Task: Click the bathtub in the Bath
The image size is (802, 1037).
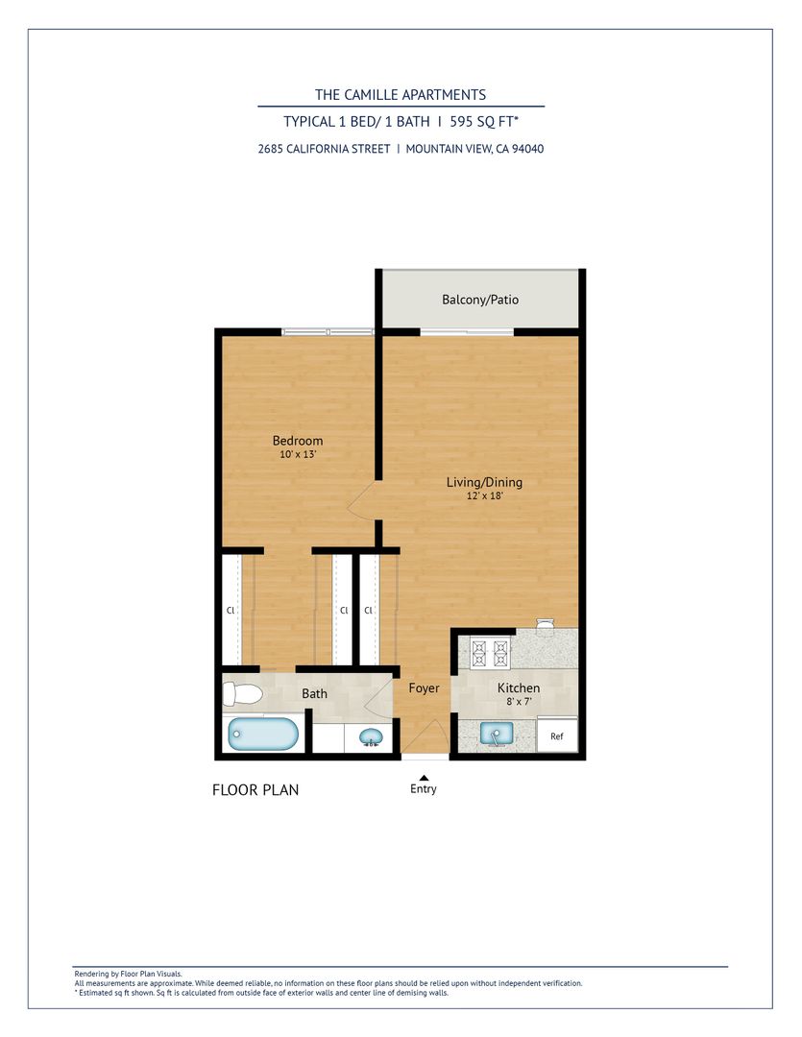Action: click(262, 735)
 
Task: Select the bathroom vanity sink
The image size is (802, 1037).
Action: click(371, 736)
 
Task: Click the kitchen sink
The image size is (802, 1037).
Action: click(497, 734)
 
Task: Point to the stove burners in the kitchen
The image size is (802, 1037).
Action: click(491, 654)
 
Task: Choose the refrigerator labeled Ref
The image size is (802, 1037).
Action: click(556, 736)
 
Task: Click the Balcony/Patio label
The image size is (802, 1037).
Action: click(480, 300)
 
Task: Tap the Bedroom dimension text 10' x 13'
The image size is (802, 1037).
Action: click(298, 454)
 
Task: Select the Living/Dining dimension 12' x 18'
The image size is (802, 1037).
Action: click(484, 495)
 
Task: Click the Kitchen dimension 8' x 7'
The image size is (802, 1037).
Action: click(519, 701)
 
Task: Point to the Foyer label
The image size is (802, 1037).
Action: click(425, 687)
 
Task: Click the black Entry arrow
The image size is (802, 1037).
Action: click(424, 778)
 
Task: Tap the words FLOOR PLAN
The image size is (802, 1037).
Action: click(255, 789)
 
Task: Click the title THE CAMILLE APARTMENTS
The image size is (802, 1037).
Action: click(401, 94)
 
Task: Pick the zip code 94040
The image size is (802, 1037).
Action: click(528, 149)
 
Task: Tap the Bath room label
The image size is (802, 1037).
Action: click(314, 693)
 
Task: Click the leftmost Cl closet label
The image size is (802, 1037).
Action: click(231, 611)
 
